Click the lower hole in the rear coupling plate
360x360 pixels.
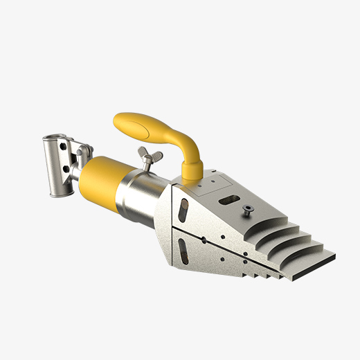[x=66, y=168]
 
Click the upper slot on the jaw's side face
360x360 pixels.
[x=183, y=208]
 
